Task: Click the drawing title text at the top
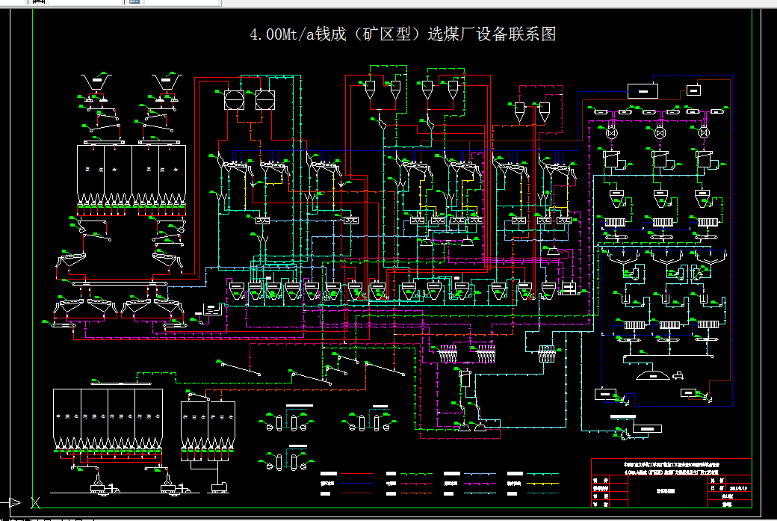[x=403, y=34]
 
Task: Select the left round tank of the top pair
[x=234, y=100]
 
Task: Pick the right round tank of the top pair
[x=264, y=100]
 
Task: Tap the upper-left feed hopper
[x=96, y=82]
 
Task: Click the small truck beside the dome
[x=680, y=374]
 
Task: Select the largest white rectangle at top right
[x=641, y=91]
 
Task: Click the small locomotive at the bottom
[x=220, y=487]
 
